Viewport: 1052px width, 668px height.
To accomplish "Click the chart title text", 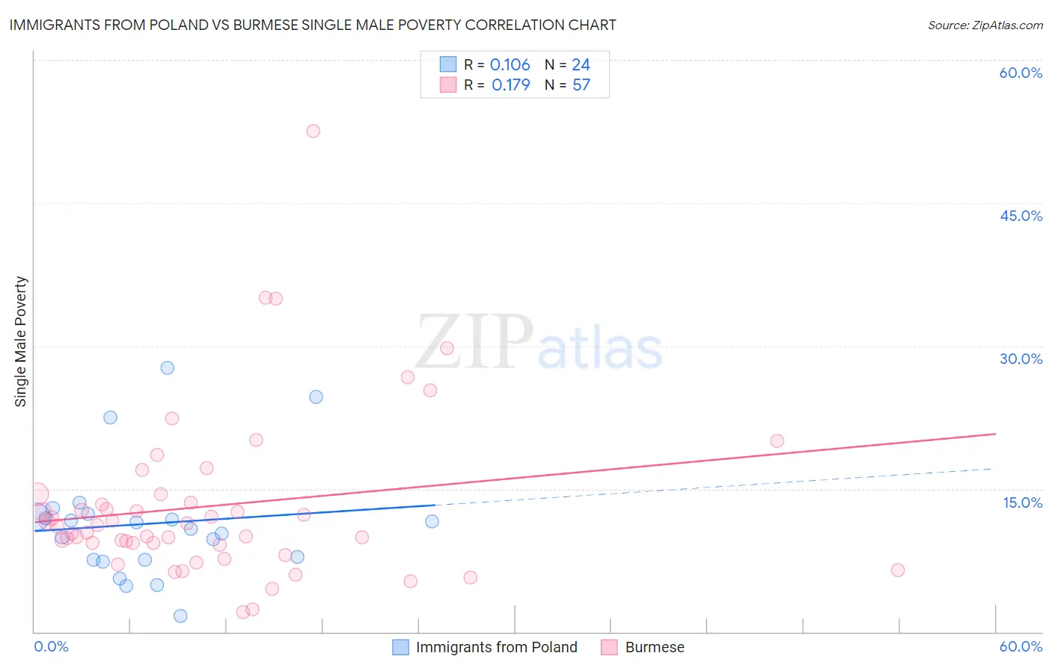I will [x=313, y=25].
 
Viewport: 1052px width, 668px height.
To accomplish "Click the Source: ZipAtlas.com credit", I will [x=985, y=25].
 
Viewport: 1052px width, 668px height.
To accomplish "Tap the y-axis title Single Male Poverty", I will [x=20, y=341].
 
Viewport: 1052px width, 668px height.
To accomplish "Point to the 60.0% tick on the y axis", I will [x=1021, y=73].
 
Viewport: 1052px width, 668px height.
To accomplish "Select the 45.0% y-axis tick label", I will [x=1021, y=216].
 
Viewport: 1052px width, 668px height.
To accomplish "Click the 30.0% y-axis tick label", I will [x=1021, y=359].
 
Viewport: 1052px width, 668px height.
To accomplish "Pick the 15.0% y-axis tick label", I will [x=1022, y=502].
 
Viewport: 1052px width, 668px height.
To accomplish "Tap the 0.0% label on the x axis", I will [x=51, y=646].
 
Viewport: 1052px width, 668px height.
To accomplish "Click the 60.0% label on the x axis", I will [x=1021, y=646].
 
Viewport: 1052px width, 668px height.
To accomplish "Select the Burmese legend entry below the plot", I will [x=654, y=647].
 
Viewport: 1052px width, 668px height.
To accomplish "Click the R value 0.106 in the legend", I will [x=510, y=65].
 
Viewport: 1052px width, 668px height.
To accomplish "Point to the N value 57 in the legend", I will [x=581, y=85].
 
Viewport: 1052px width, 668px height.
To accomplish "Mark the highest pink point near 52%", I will [x=314, y=131].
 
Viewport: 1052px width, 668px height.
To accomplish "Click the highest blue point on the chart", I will [x=168, y=368].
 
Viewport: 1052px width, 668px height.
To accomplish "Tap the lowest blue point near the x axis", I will [x=180, y=616].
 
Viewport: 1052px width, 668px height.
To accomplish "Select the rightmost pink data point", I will [x=898, y=570].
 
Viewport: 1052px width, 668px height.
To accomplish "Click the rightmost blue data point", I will [x=432, y=521].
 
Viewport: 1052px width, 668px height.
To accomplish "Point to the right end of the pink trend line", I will [x=995, y=434].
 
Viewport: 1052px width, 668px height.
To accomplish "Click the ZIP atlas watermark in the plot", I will [x=539, y=343].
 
